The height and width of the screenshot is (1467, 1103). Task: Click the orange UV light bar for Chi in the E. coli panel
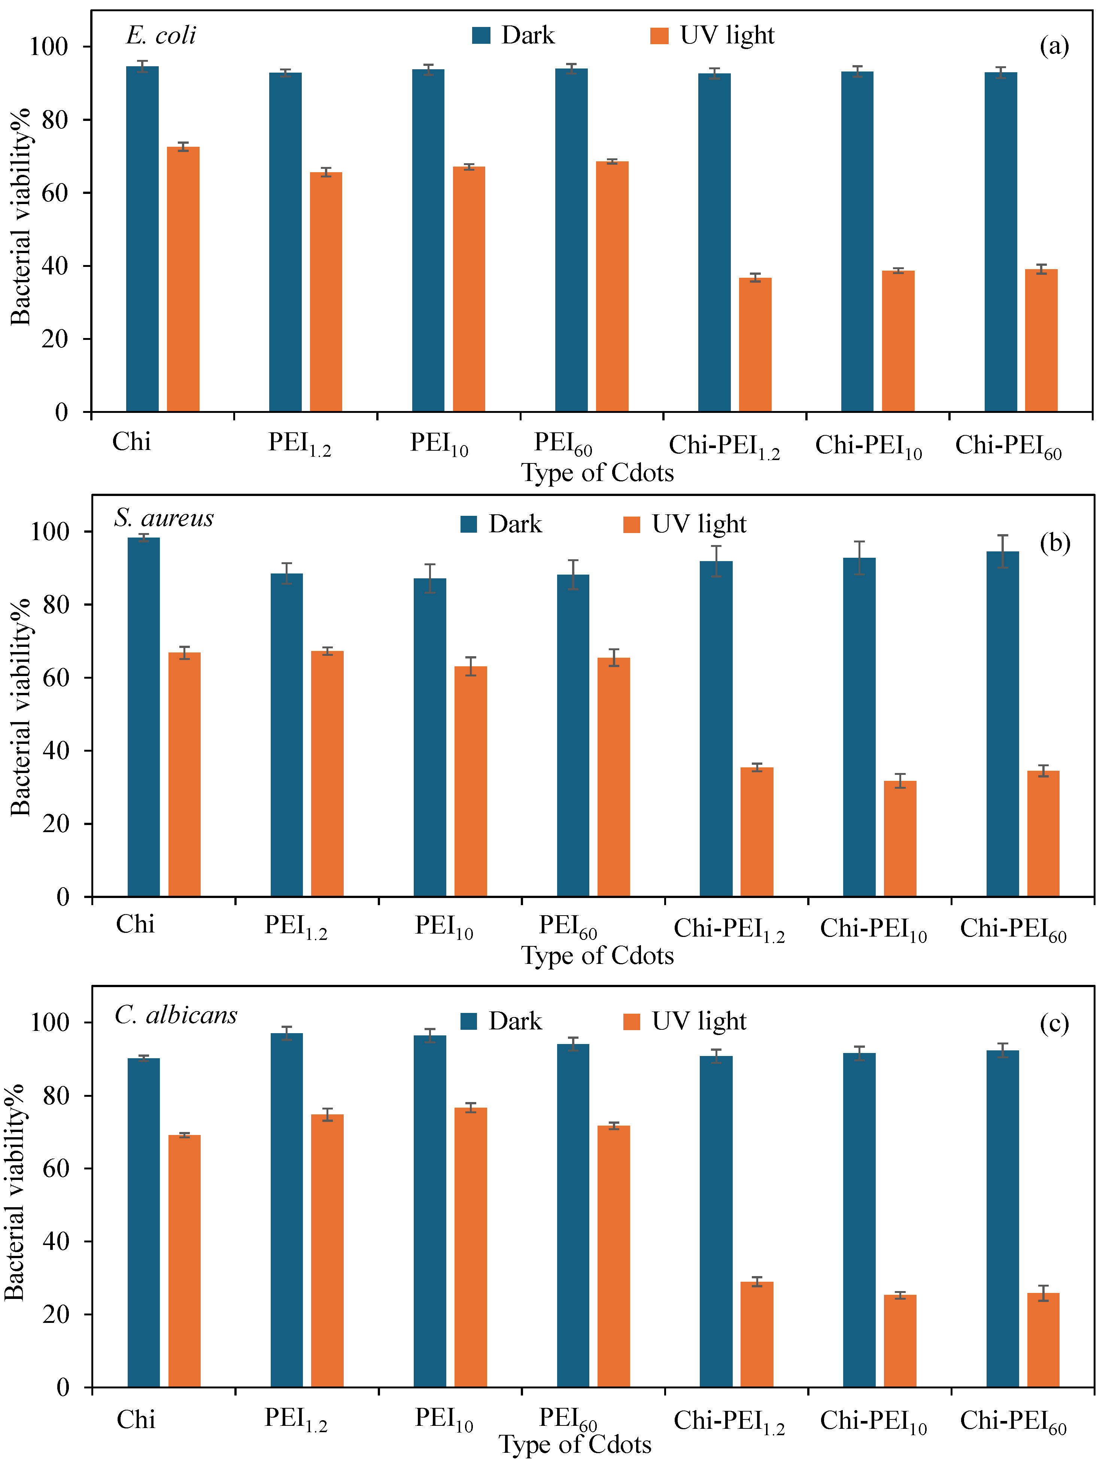click(x=183, y=279)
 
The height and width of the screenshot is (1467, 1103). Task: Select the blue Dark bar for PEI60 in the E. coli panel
click(x=571, y=240)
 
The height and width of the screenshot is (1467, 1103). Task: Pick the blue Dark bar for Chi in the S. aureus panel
click(x=143, y=717)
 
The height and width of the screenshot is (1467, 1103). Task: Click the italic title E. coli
click(x=161, y=35)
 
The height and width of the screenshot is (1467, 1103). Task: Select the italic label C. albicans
click(x=176, y=1015)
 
